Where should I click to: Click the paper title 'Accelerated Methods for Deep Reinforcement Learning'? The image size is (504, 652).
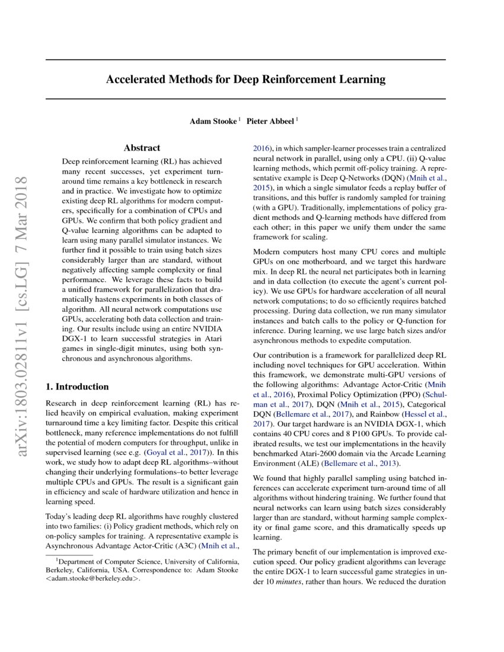245,79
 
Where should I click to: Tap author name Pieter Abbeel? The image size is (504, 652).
270,121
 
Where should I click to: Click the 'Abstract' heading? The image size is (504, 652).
142,148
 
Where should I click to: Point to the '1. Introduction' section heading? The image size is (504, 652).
77,386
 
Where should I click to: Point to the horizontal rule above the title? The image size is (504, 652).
245,60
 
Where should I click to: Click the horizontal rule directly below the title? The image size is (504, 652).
245,98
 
